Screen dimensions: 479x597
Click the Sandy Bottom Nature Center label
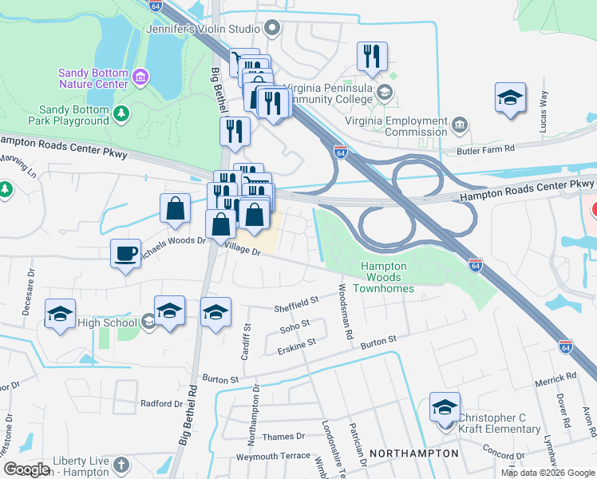[93, 78]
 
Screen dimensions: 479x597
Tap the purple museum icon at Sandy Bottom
[141, 77]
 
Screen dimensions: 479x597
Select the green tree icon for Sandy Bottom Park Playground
[121, 115]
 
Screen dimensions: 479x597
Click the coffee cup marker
[125, 253]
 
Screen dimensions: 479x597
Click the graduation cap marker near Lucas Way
[510, 97]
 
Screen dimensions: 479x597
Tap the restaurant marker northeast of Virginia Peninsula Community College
[372, 56]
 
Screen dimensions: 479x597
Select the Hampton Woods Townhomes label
[385, 276]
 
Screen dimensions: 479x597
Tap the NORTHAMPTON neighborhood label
[414, 453]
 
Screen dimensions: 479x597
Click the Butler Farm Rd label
[509, 148]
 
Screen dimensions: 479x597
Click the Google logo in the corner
[27, 469]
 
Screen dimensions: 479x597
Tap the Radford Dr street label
[161, 404]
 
